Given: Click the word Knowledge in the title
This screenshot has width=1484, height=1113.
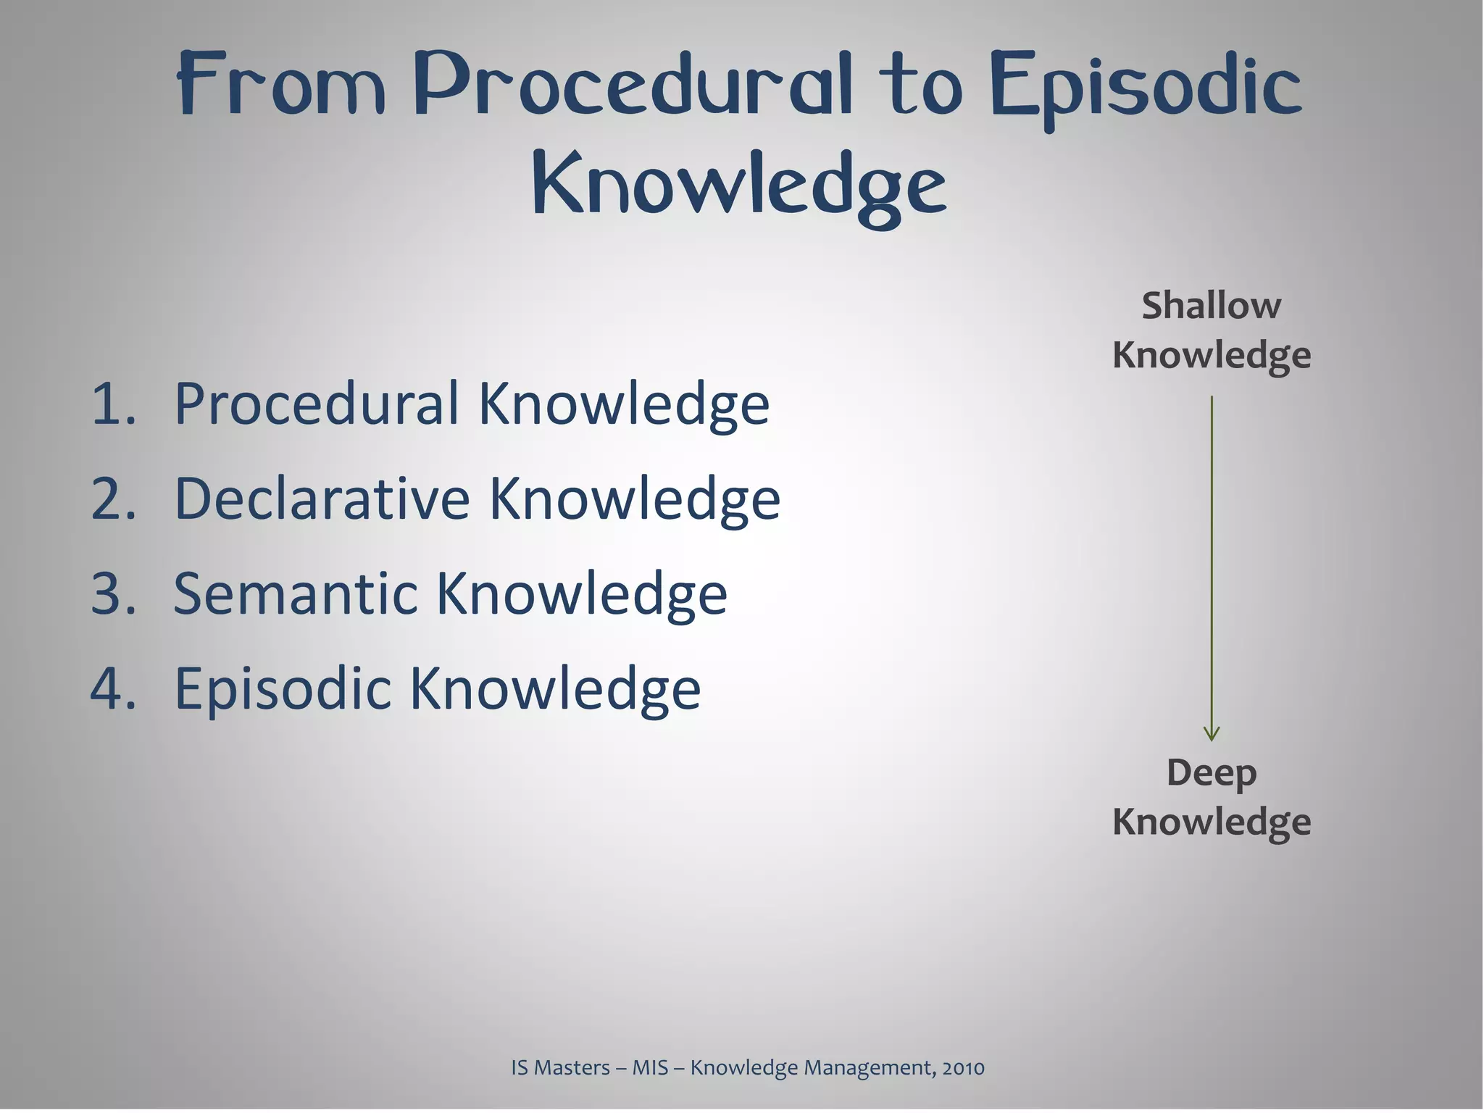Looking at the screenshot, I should tap(739, 184).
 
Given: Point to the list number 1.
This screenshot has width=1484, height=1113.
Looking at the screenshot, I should tap(112, 404).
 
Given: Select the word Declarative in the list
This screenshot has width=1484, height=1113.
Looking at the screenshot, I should tap(322, 499).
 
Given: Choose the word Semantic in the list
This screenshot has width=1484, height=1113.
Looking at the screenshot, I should tap(296, 594).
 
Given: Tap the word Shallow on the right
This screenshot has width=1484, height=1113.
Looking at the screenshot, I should tap(1211, 306).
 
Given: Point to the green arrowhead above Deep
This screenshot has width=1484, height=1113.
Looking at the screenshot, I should tap(1212, 734).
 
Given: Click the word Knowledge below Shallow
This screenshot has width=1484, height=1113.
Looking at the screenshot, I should tap(1212, 355).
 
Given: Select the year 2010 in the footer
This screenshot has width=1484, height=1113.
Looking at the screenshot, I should tap(963, 1068).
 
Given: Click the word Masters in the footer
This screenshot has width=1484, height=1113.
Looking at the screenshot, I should tap(572, 1068).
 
